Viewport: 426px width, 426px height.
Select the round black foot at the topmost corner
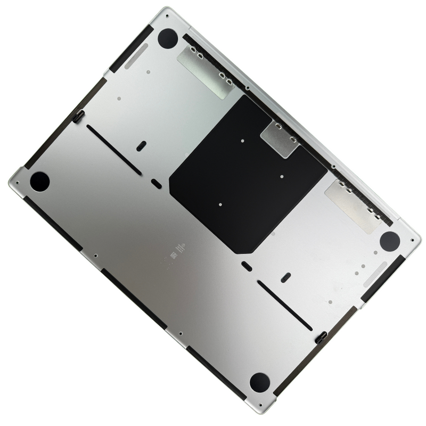[x=167, y=38]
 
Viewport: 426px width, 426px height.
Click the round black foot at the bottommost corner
[x=259, y=382]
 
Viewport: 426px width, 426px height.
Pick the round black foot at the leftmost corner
[x=39, y=182]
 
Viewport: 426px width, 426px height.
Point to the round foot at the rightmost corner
[x=390, y=241]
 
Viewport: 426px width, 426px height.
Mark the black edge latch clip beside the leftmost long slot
[x=79, y=117]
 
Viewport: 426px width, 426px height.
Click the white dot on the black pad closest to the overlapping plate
[x=242, y=141]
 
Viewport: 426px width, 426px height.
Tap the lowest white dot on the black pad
[x=220, y=203]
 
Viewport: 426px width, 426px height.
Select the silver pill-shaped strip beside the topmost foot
[x=136, y=56]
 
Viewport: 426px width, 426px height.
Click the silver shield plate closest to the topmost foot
[x=204, y=70]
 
